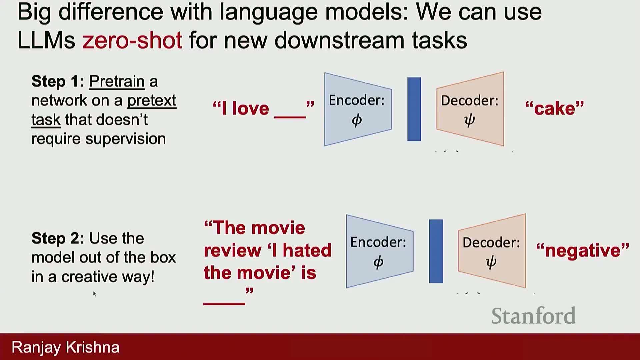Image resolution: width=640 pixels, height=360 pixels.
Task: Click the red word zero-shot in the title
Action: [132, 40]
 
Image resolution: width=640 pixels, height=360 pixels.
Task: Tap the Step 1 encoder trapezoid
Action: [358, 109]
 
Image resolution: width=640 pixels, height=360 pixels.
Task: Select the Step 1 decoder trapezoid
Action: [470, 109]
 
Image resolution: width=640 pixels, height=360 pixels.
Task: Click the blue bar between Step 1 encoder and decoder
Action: [414, 109]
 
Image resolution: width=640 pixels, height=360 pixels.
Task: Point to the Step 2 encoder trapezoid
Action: [380, 251]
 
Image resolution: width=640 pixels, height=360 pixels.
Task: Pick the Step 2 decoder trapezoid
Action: [492, 251]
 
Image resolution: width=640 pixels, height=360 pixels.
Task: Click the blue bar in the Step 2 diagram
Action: [436, 251]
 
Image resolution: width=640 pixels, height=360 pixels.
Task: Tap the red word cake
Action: [555, 109]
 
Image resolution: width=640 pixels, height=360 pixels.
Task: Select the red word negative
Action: [583, 251]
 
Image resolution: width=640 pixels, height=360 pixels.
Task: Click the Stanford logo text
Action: [533, 316]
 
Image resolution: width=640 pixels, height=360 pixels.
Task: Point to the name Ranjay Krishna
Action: [66, 347]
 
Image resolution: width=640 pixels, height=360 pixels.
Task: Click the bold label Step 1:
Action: [58, 81]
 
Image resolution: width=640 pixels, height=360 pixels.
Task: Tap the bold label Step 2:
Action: [58, 238]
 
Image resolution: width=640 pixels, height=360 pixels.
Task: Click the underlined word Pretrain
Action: [117, 82]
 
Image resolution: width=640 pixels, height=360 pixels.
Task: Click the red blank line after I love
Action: [290, 117]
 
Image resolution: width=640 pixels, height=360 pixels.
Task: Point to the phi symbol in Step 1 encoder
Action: [357, 120]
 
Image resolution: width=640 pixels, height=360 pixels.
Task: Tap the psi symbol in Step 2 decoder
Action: [491, 262]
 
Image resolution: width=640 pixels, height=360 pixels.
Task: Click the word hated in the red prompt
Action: [307, 250]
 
